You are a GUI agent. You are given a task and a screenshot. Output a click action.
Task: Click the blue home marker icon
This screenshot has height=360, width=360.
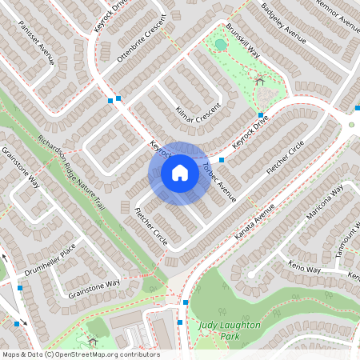[x=180, y=173]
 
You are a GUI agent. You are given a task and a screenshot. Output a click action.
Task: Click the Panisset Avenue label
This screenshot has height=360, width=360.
[x=37, y=51]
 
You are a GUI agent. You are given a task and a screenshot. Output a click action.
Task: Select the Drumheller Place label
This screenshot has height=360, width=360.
[x=49, y=261]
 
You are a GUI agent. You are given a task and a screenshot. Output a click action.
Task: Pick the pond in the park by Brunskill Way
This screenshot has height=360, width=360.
[x=220, y=45]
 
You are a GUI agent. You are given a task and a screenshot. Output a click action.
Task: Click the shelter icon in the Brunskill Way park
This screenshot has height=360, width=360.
[x=258, y=80]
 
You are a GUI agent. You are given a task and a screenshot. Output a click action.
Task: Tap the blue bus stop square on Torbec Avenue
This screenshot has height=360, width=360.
[x=222, y=160]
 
